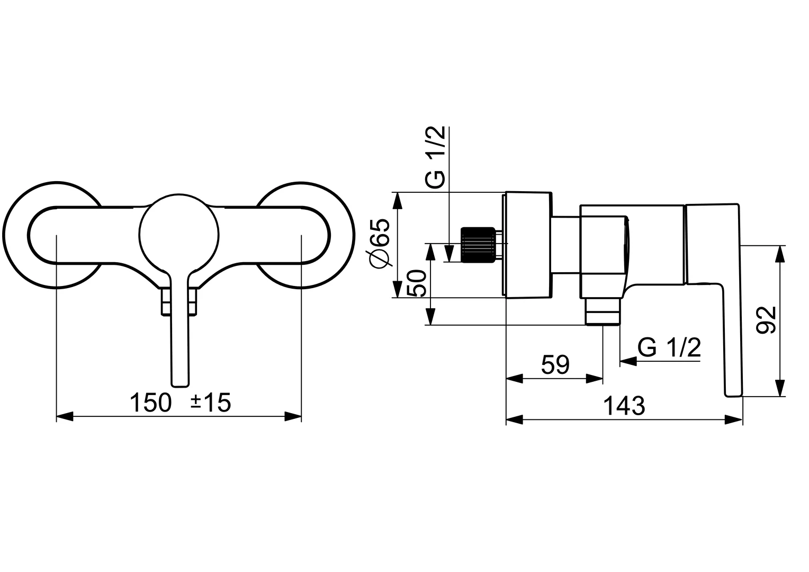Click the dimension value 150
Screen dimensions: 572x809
pos(151,404)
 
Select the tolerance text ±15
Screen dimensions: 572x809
pos(211,404)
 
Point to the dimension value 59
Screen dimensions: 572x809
pos(555,365)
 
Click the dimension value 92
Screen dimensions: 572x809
pos(767,320)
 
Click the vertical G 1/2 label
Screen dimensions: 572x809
pos(435,158)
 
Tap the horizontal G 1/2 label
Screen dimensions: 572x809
pos(669,348)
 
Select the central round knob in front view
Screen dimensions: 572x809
pos(179,234)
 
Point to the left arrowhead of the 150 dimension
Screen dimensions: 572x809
pos(64,417)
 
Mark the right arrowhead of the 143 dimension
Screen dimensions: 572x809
pos(734,421)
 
